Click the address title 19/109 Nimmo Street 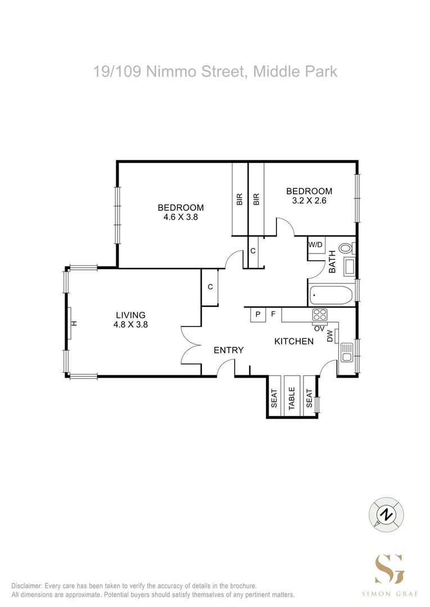pos(215,72)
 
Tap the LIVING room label pos(130,315)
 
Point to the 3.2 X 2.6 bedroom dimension pos(309,200)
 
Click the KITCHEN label pos(293,341)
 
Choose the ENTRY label pos(229,350)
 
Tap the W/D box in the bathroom pos(315,244)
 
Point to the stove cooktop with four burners pos(320,315)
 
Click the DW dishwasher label pos(330,336)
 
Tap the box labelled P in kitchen pos(258,314)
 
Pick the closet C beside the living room pos(210,287)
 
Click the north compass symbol pos(386,514)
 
